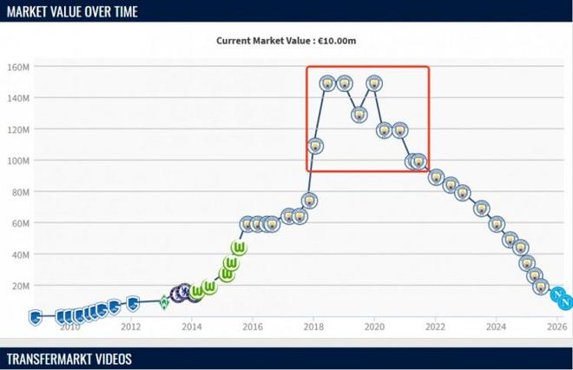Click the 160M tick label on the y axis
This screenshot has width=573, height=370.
(x=19, y=67)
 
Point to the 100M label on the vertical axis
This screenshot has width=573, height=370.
(x=19, y=161)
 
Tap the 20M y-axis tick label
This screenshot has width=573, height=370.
(x=22, y=286)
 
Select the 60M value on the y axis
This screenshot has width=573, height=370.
(x=22, y=223)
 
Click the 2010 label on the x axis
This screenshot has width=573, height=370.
(x=69, y=327)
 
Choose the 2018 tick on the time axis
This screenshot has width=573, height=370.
(x=313, y=327)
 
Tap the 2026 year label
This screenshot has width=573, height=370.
(x=557, y=327)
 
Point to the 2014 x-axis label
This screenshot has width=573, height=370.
(x=191, y=327)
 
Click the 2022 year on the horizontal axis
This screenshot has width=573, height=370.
(x=435, y=327)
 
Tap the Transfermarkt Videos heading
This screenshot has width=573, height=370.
(x=69, y=359)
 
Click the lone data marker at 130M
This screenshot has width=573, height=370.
(x=359, y=115)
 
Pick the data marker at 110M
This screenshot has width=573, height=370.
(x=315, y=146)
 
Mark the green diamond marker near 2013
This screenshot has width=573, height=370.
(x=163, y=302)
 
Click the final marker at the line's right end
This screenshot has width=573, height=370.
(x=565, y=301)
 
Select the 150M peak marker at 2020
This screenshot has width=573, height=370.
(x=374, y=83)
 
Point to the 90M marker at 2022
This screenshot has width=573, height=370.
(x=436, y=177)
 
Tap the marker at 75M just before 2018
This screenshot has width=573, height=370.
(x=309, y=201)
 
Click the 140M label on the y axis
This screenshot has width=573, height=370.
(x=19, y=98)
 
